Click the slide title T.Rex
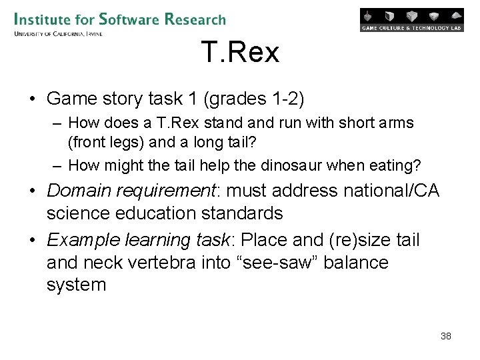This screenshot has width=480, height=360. [240, 53]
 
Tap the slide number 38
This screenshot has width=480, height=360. [446, 336]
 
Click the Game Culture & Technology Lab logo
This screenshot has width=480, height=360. [411, 20]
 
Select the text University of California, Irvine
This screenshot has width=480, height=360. [58, 33]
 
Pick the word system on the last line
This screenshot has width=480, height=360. [76, 285]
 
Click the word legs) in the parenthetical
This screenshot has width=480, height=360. [121, 142]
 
